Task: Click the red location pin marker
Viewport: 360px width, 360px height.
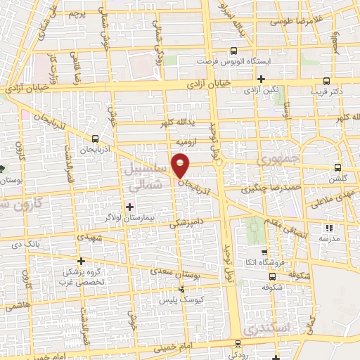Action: pos(181,167)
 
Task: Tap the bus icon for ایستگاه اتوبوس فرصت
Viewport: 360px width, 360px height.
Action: pos(233,51)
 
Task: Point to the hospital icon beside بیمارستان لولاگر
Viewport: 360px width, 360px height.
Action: pos(129,206)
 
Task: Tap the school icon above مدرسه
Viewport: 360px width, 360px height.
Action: pos(328,227)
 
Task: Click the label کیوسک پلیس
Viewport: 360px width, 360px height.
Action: pos(183,299)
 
